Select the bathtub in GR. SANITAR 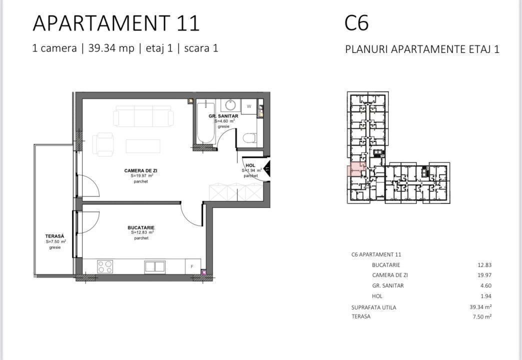tap(205, 123)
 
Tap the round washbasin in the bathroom tap(230, 105)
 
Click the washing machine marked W tap(249, 106)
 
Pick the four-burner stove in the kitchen tap(105, 267)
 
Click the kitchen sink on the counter tap(155, 266)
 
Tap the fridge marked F tap(193, 266)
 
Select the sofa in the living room tap(143, 116)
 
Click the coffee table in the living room tap(143, 146)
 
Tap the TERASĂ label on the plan tap(54, 236)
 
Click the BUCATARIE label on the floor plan tap(141, 228)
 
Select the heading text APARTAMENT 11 tap(116, 23)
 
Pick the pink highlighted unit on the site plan tap(356, 169)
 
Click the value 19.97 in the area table tap(484, 275)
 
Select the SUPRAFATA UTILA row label tap(374, 307)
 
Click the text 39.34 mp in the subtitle tap(111, 48)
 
